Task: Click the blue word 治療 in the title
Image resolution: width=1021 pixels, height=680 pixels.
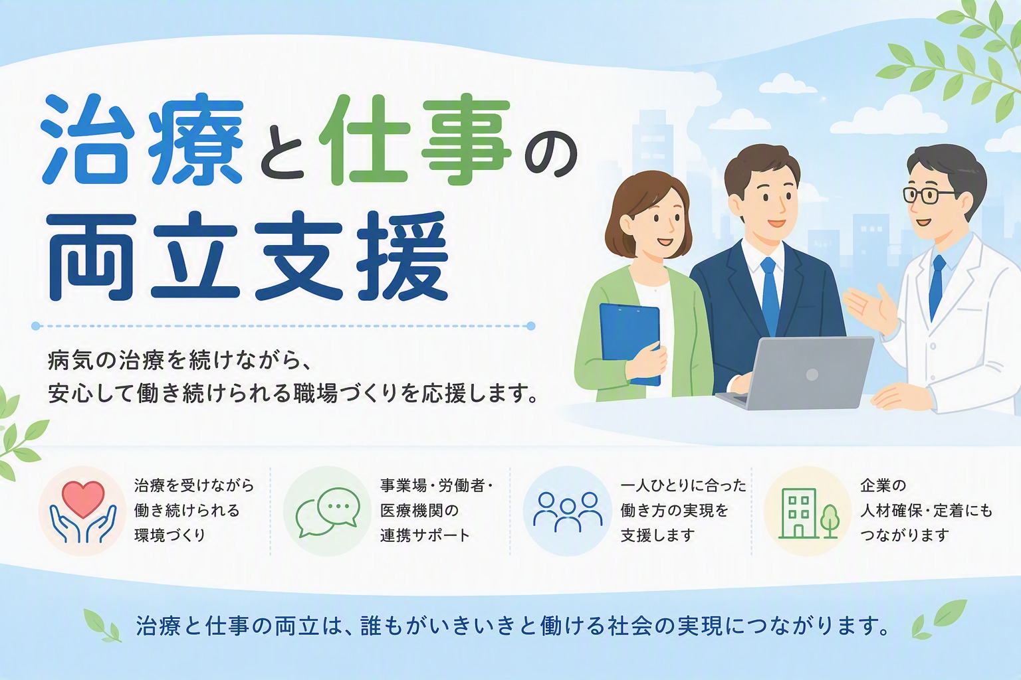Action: tap(142, 140)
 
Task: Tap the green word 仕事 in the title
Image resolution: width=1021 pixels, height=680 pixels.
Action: tap(415, 140)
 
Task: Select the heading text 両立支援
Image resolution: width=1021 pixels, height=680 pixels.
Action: tap(249, 256)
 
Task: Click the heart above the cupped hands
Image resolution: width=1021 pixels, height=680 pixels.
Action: tap(83, 499)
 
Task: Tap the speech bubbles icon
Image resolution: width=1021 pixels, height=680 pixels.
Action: tap(328, 512)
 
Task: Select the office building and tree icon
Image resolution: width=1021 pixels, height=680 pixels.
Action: tap(807, 514)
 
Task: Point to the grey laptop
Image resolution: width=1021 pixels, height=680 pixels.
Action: tap(796, 373)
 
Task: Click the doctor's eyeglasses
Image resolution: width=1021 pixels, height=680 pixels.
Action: tap(928, 195)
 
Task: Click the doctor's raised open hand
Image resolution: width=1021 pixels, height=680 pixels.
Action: tap(869, 309)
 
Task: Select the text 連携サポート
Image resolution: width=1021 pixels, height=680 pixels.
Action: tap(425, 535)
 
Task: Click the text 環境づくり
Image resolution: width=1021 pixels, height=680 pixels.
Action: tap(170, 535)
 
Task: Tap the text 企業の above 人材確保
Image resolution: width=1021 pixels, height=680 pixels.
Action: tap(883, 485)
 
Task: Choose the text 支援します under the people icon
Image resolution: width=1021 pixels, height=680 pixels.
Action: tap(657, 535)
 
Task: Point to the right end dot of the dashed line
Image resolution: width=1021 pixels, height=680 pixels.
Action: tap(530, 326)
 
